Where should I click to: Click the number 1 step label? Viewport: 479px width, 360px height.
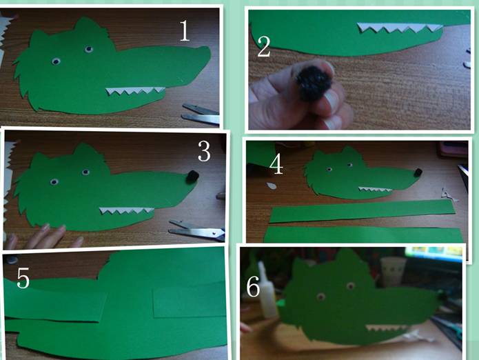pos(185,31)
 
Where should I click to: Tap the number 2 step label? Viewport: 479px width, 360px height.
pos(264,46)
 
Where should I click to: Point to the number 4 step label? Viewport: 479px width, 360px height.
pos(276,164)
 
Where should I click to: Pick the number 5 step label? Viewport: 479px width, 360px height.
pos(23,278)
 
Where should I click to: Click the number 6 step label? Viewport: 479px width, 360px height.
pos(253,286)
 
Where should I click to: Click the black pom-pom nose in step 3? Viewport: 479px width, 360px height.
pos(192,177)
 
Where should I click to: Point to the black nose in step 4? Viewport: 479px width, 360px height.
pos(417,172)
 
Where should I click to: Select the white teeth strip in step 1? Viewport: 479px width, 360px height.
pos(135,91)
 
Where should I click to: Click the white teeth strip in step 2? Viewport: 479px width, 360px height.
pos(400,28)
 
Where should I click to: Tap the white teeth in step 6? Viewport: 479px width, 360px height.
pos(386,328)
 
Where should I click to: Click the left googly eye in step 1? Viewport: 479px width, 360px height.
pos(56,62)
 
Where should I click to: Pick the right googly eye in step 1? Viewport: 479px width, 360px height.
pos(89,49)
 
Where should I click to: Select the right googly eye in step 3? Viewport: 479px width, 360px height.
pos(86,172)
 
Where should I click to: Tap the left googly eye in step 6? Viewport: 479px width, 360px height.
pos(320,297)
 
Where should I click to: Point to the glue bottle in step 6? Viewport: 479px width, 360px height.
pos(267,290)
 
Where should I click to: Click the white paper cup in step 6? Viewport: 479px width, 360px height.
pos(393,271)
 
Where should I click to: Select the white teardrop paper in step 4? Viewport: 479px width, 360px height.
pos(271,186)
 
